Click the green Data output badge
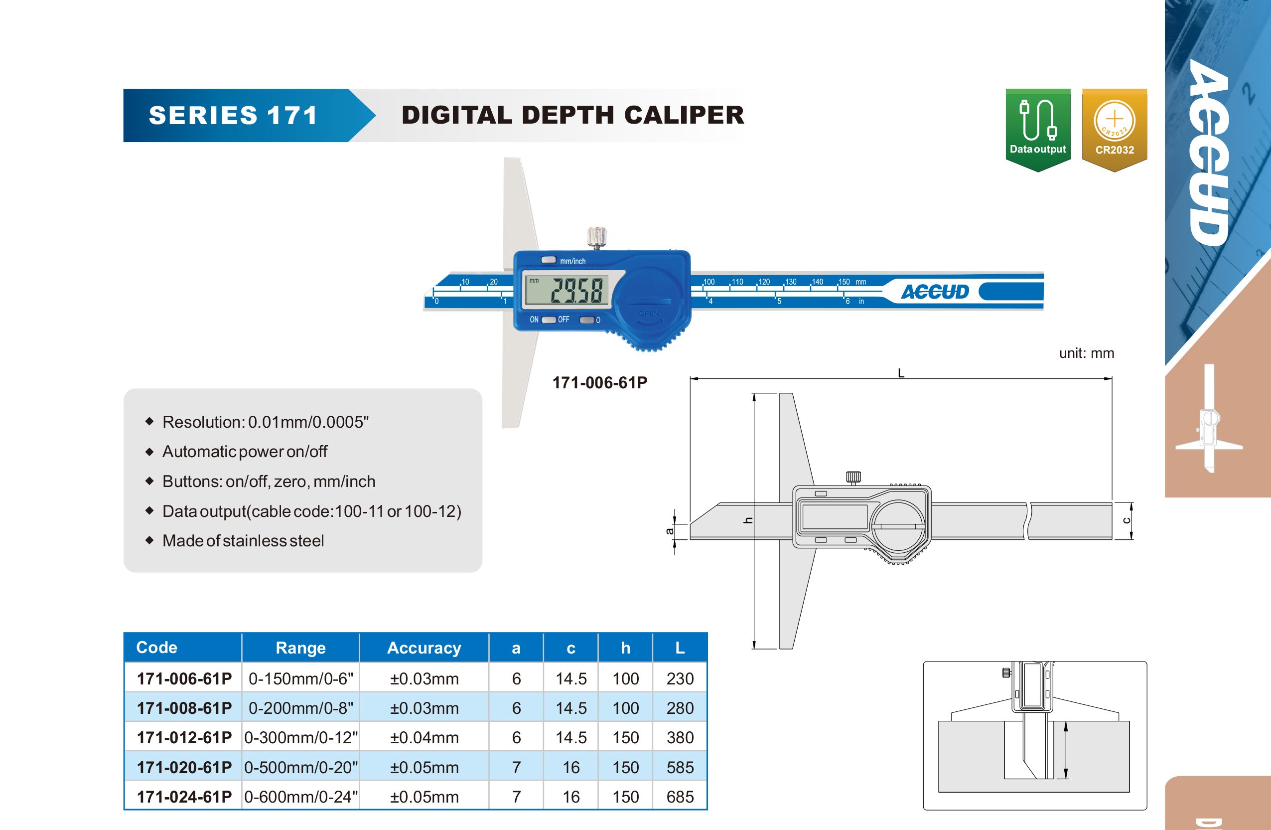pyautogui.click(x=1038, y=129)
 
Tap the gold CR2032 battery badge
pyautogui.click(x=1115, y=129)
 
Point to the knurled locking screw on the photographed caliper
pyautogui.click(x=596, y=237)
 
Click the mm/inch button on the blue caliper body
pyautogui.click(x=549, y=260)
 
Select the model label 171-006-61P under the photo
pyautogui.click(x=600, y=383)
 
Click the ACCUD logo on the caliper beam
pyautogui.click(x=935, y=292)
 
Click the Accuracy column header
pyautogui.click(x=424, y=648)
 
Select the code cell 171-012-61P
pyautogui.click(x=184, y=738)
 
